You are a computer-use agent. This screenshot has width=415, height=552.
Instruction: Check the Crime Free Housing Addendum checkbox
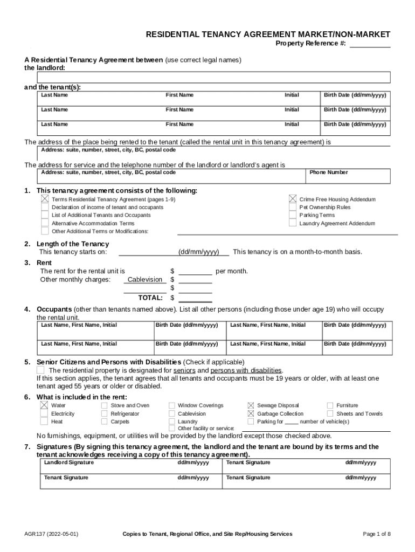point(293,199)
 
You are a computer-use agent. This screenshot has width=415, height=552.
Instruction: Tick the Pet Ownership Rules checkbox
point(293,207)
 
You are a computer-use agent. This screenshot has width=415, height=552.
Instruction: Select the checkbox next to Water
point(44,405)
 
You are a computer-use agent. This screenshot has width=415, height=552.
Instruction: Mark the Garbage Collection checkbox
point(251,413)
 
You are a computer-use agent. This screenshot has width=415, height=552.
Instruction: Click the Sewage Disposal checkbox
point(251,405)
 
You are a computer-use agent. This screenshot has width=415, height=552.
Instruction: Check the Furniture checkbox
point(330,405)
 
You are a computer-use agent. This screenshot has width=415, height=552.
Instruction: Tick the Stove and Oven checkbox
point(105,405)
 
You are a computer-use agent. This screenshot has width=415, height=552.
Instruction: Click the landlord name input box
point(213,78)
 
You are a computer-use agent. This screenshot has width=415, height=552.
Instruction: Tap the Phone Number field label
point(328,172)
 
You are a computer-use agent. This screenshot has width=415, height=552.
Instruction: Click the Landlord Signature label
point(68,463)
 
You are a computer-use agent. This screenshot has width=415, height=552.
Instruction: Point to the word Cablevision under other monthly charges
point(145,279)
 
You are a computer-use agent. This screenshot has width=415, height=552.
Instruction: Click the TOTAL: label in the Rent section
point(150,298)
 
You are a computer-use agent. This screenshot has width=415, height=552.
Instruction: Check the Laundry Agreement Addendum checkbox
point(293,223)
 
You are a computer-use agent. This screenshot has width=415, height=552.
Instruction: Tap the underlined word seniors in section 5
point(184,370)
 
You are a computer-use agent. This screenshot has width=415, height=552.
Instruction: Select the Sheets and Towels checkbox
point(330,413)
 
